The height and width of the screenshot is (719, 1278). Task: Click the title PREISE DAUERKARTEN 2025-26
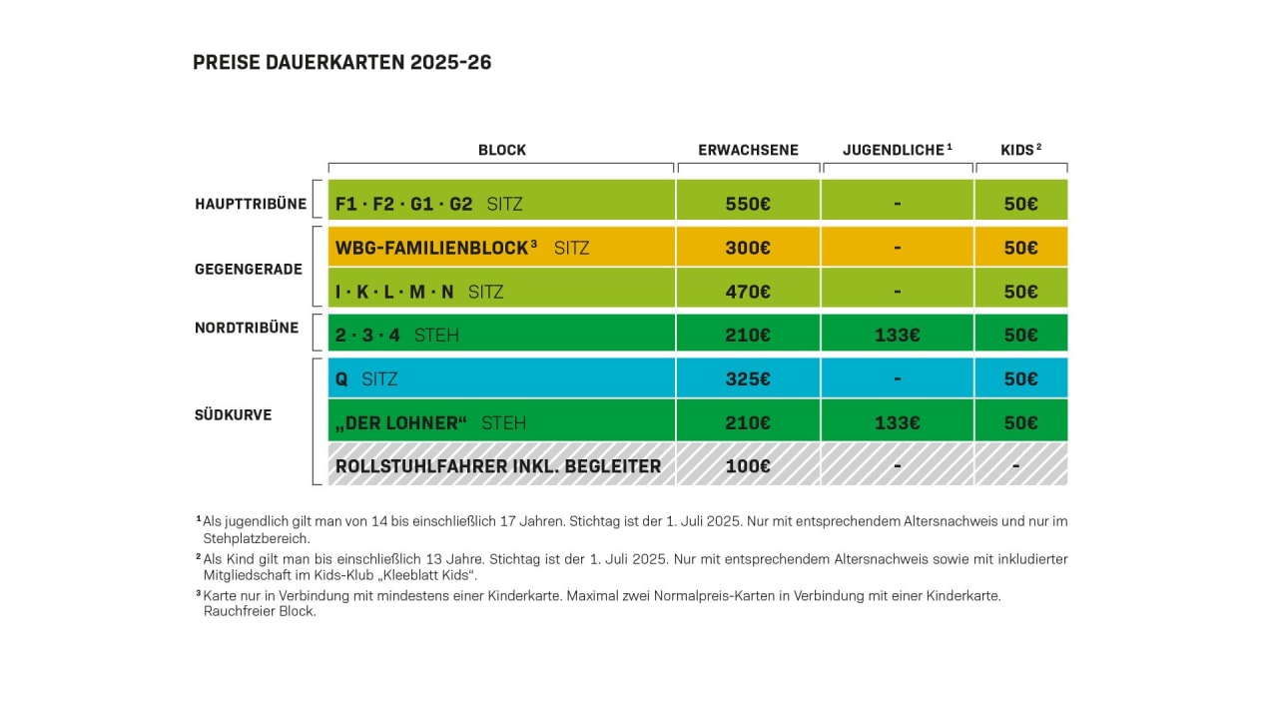(x=341, y=63)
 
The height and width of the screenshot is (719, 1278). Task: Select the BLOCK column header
(x=501, y=150)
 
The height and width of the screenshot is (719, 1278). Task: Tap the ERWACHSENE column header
(x=748, y=150)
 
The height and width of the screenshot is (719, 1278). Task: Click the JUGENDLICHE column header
(x=897, y=150)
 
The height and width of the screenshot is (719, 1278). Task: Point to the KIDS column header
(x=1020, y=150)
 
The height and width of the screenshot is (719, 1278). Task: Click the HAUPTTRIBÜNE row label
(x=251, y=204)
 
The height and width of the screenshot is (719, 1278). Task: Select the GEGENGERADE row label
(x=249, y=269)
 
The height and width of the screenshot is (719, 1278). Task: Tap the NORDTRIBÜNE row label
(x=247, y=328)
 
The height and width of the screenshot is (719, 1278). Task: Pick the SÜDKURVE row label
(x=234, y=414)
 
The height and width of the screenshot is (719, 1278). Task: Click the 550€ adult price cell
(x=748, y=204)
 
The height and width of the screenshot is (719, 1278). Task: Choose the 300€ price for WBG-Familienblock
(x=748, y=248)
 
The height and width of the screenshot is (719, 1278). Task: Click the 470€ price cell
(x=748, y=292)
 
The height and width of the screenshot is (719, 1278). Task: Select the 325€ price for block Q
(x=748, y=378)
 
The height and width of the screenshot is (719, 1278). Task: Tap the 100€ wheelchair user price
(x=748, y=466)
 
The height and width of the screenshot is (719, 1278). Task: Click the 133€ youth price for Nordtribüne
(x=897, y=335)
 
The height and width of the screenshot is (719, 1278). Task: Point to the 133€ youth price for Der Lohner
(x=897, y=422)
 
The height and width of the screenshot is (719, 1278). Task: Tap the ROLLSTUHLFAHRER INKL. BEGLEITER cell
(x=498, y=466)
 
